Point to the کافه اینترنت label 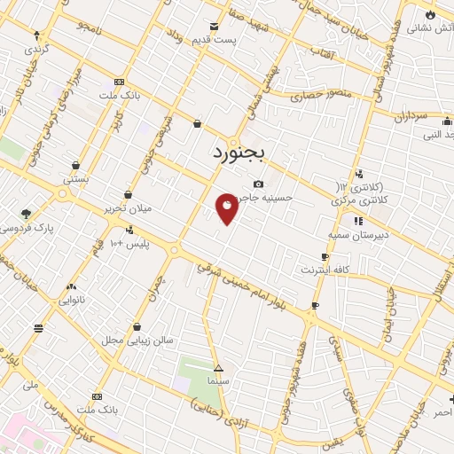tap(326, 269)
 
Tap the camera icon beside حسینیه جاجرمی tap(258, 184)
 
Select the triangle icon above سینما tap(218, 367)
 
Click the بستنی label tap(75, 179)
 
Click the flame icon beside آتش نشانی tap(430, 15)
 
